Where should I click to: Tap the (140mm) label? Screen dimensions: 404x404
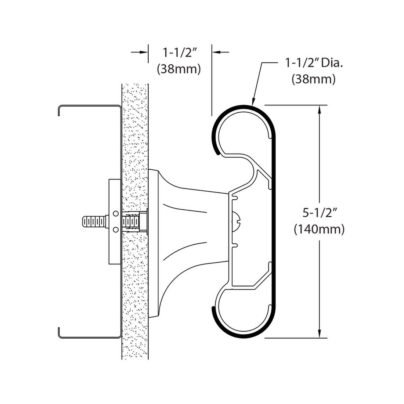click(x=319, y=229)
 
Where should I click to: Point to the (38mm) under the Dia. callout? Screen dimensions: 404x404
click(x=314, y=79)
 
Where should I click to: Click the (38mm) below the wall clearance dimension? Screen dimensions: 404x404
click(x=179, y=69)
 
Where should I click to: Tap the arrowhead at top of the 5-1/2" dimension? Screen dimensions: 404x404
click(x=320, y=109)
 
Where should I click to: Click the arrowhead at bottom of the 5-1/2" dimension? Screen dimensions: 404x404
click(x=320, y=333)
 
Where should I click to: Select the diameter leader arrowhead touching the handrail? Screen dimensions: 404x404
click(x=253, y=102)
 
